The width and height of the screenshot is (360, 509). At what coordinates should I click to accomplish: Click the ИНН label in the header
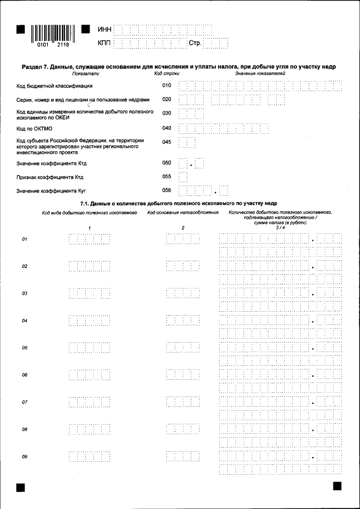pyautogui.click(x=105, y=29)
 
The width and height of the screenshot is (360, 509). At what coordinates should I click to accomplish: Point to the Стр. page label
pyautogui.click(x=195, y=43)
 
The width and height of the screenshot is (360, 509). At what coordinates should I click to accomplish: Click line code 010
pyautogui.click(x=166, y=86)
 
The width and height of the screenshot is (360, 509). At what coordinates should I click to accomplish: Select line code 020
pyautogui.click(x=166, y=100)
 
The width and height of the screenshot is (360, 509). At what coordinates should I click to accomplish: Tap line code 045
pyautogui.click(x=166, y=142)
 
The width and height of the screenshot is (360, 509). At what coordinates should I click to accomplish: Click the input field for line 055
pyautogui.click(x=183, y=177)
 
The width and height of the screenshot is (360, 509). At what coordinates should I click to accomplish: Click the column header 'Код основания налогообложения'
pyautogui.click(x=182, y=213)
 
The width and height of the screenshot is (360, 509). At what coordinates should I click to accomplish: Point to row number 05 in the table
pyautogui.click(x=25, y=348)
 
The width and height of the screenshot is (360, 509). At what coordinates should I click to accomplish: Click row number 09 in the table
pyautogui.click(x=25, y=457)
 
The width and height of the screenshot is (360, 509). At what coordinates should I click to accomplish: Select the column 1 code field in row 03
pyautogui.click(x=88, y=294)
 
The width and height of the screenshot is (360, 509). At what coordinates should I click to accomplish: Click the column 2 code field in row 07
pyautogui.click(x=183, y=403)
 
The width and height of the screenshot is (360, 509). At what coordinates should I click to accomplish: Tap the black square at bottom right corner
pyautogui.click(x=337, y=486)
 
